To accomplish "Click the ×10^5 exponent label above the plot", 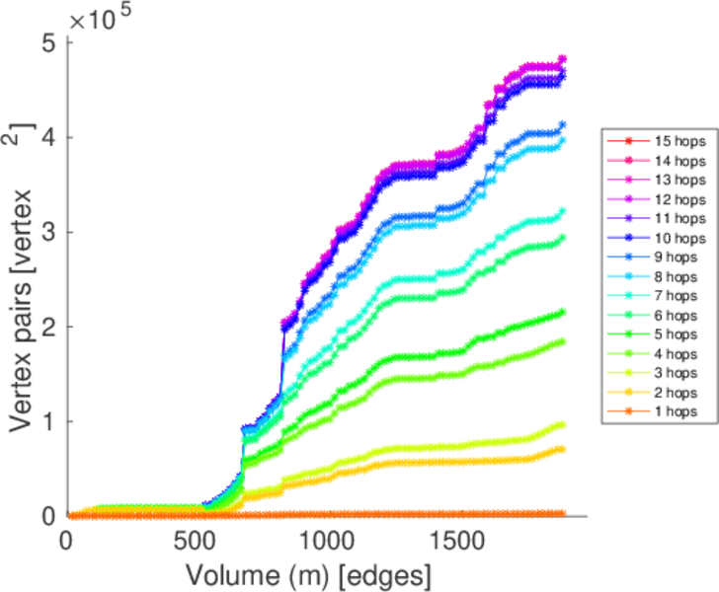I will [101, 18].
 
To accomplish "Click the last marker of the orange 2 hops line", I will [562, 449].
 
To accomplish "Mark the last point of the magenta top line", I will [562, 59].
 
